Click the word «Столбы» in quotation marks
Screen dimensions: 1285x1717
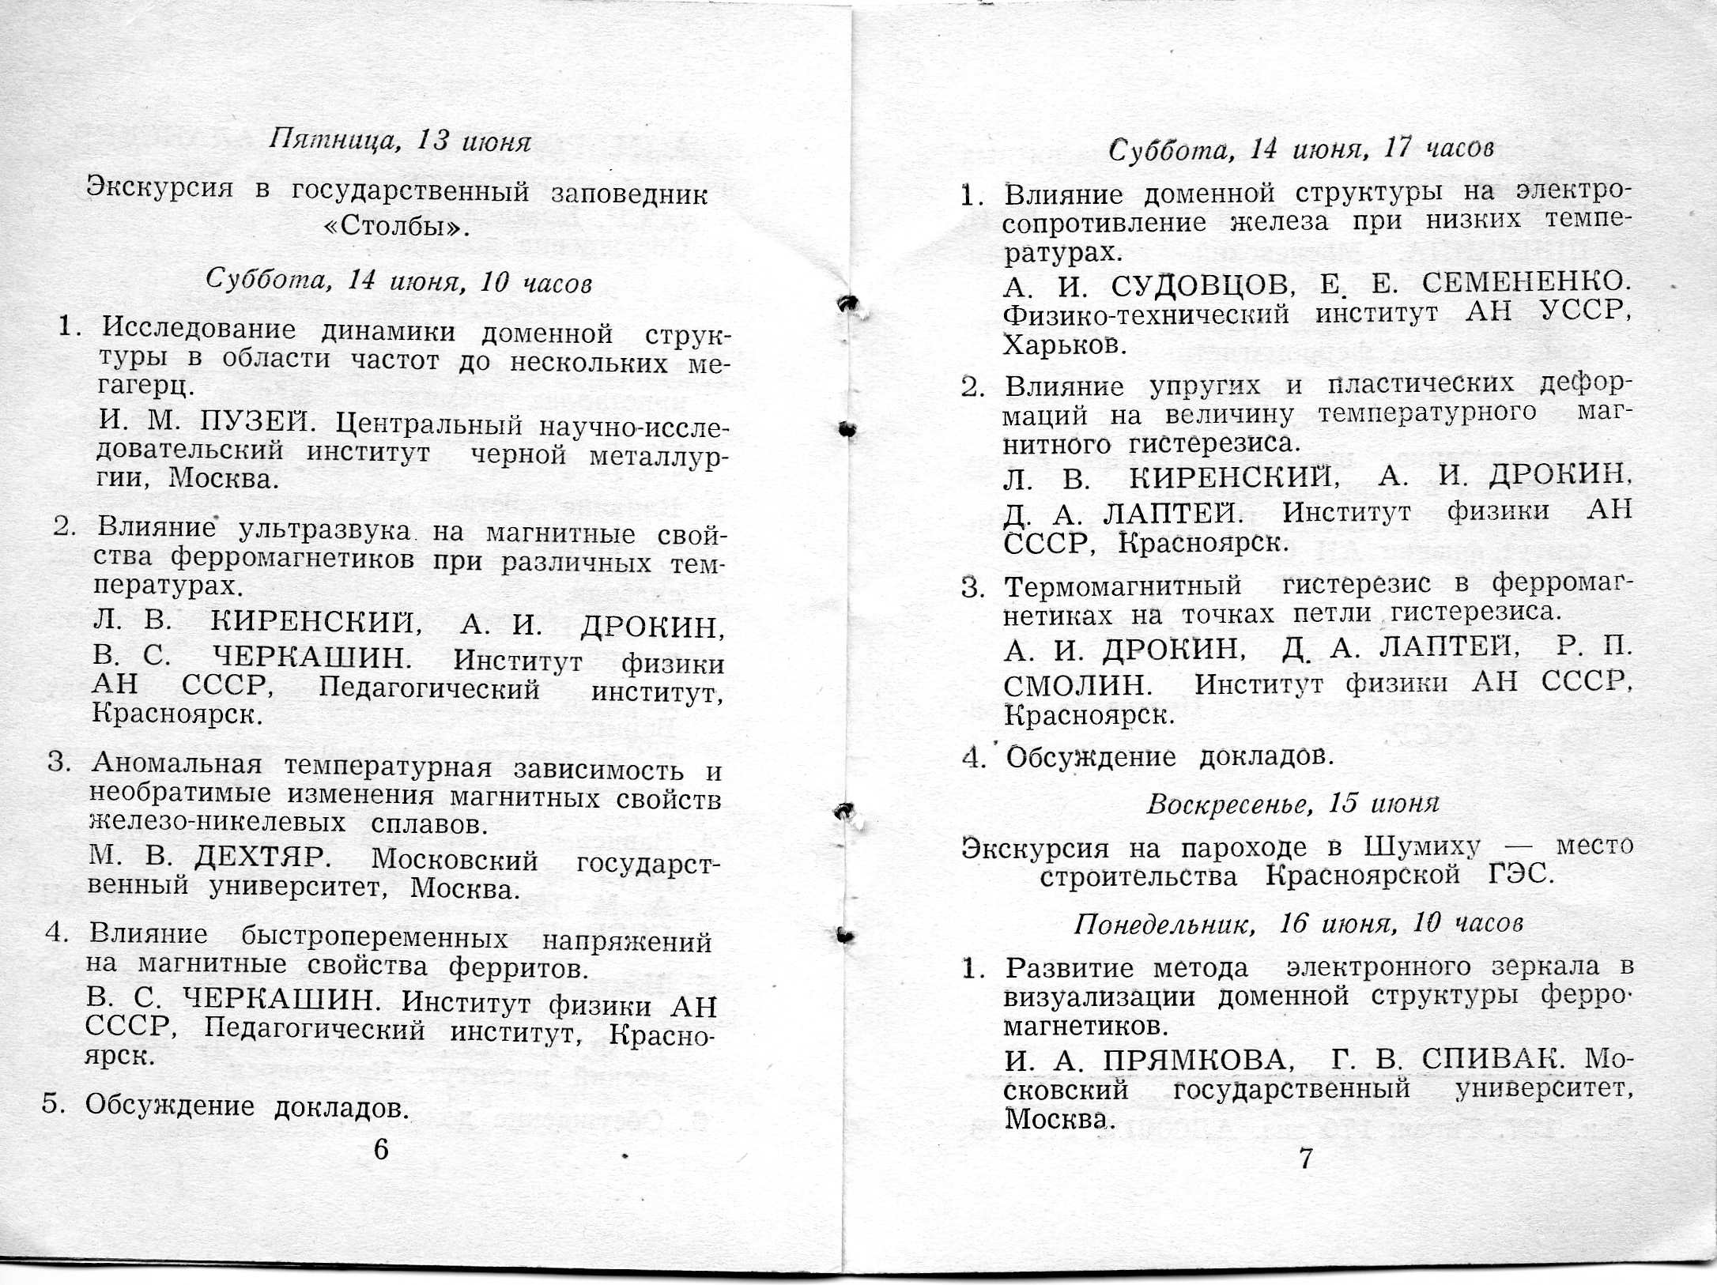397,228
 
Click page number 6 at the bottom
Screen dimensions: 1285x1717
381,1149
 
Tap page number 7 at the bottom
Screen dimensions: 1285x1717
1306,1159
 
